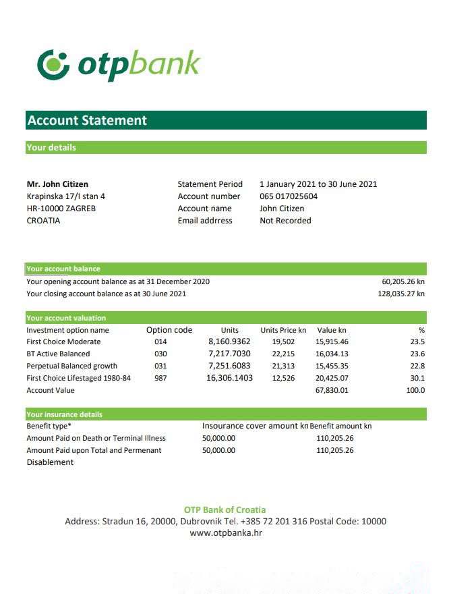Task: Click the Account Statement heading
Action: (x=87, y=121)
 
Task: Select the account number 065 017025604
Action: (x=288, y=196)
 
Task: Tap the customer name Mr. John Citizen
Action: (x=57, y=184)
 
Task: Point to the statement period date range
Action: (x=318, y=184)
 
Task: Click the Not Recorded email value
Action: (x=285, y=221)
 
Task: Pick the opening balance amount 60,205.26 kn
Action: (x=403, y=281)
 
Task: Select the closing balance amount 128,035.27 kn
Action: (x=401, y=294)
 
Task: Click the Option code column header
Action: (x=169, y=330)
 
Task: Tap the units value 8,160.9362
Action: (x=229, y=341)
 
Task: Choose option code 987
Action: (x=160, y=378)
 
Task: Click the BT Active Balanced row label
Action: (x=58, y=354)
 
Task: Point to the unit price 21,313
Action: (x=283, y=366)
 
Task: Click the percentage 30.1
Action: (x=418, y=378)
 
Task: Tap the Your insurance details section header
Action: (x=65, y=414)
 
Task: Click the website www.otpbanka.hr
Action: (x=226, y=533)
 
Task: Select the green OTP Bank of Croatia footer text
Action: (x=224, y=510)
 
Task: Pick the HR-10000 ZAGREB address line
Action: (x=61, y=209)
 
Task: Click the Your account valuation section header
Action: (x=66, y=318)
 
